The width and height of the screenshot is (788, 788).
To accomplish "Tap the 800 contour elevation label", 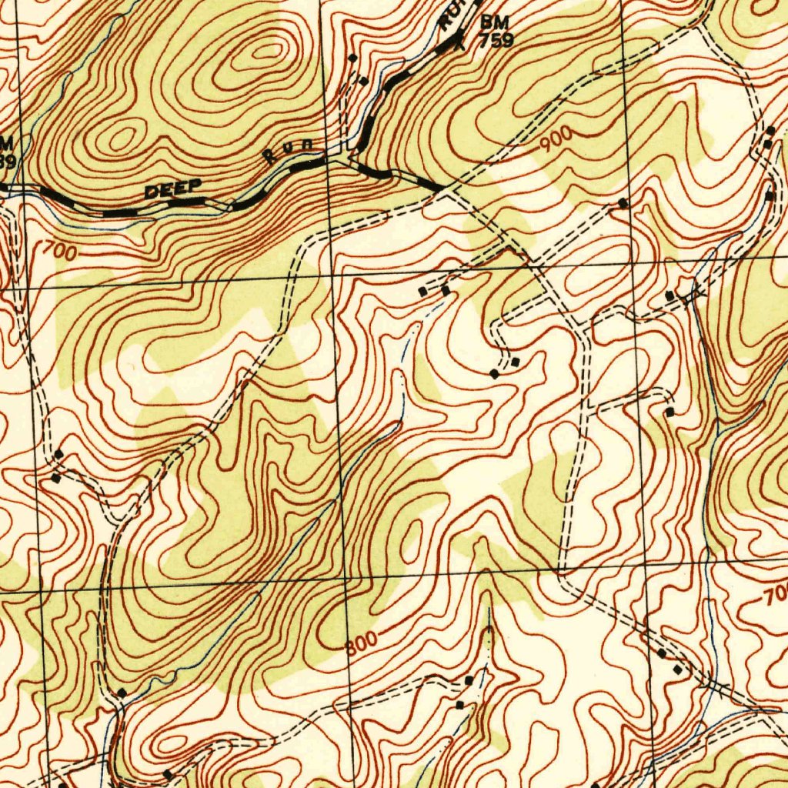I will pyautogui.click(x=361, y=640).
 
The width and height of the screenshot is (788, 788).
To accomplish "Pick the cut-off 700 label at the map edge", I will pyautogui.click(x=776, y=593).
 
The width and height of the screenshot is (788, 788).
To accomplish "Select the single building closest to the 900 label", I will pyautogui.click(x=623, y=203).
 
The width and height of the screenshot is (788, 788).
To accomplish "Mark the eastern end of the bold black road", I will pyautogui.click(x=441, y=187).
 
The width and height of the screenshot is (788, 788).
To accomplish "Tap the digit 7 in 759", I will pyautogui.click(x=485, y=42).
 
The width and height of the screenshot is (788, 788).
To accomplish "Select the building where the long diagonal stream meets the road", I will pyautogui.click(x=122, y=693).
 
